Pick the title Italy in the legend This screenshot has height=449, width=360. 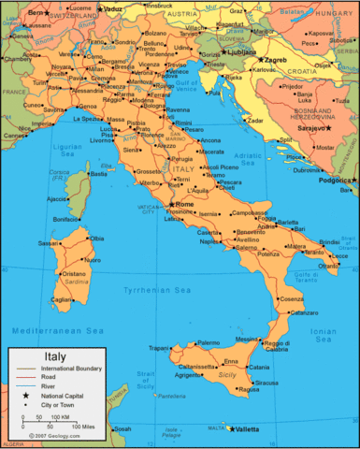(x=54, y=355)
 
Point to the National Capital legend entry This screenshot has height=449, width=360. (x=62, y=397)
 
